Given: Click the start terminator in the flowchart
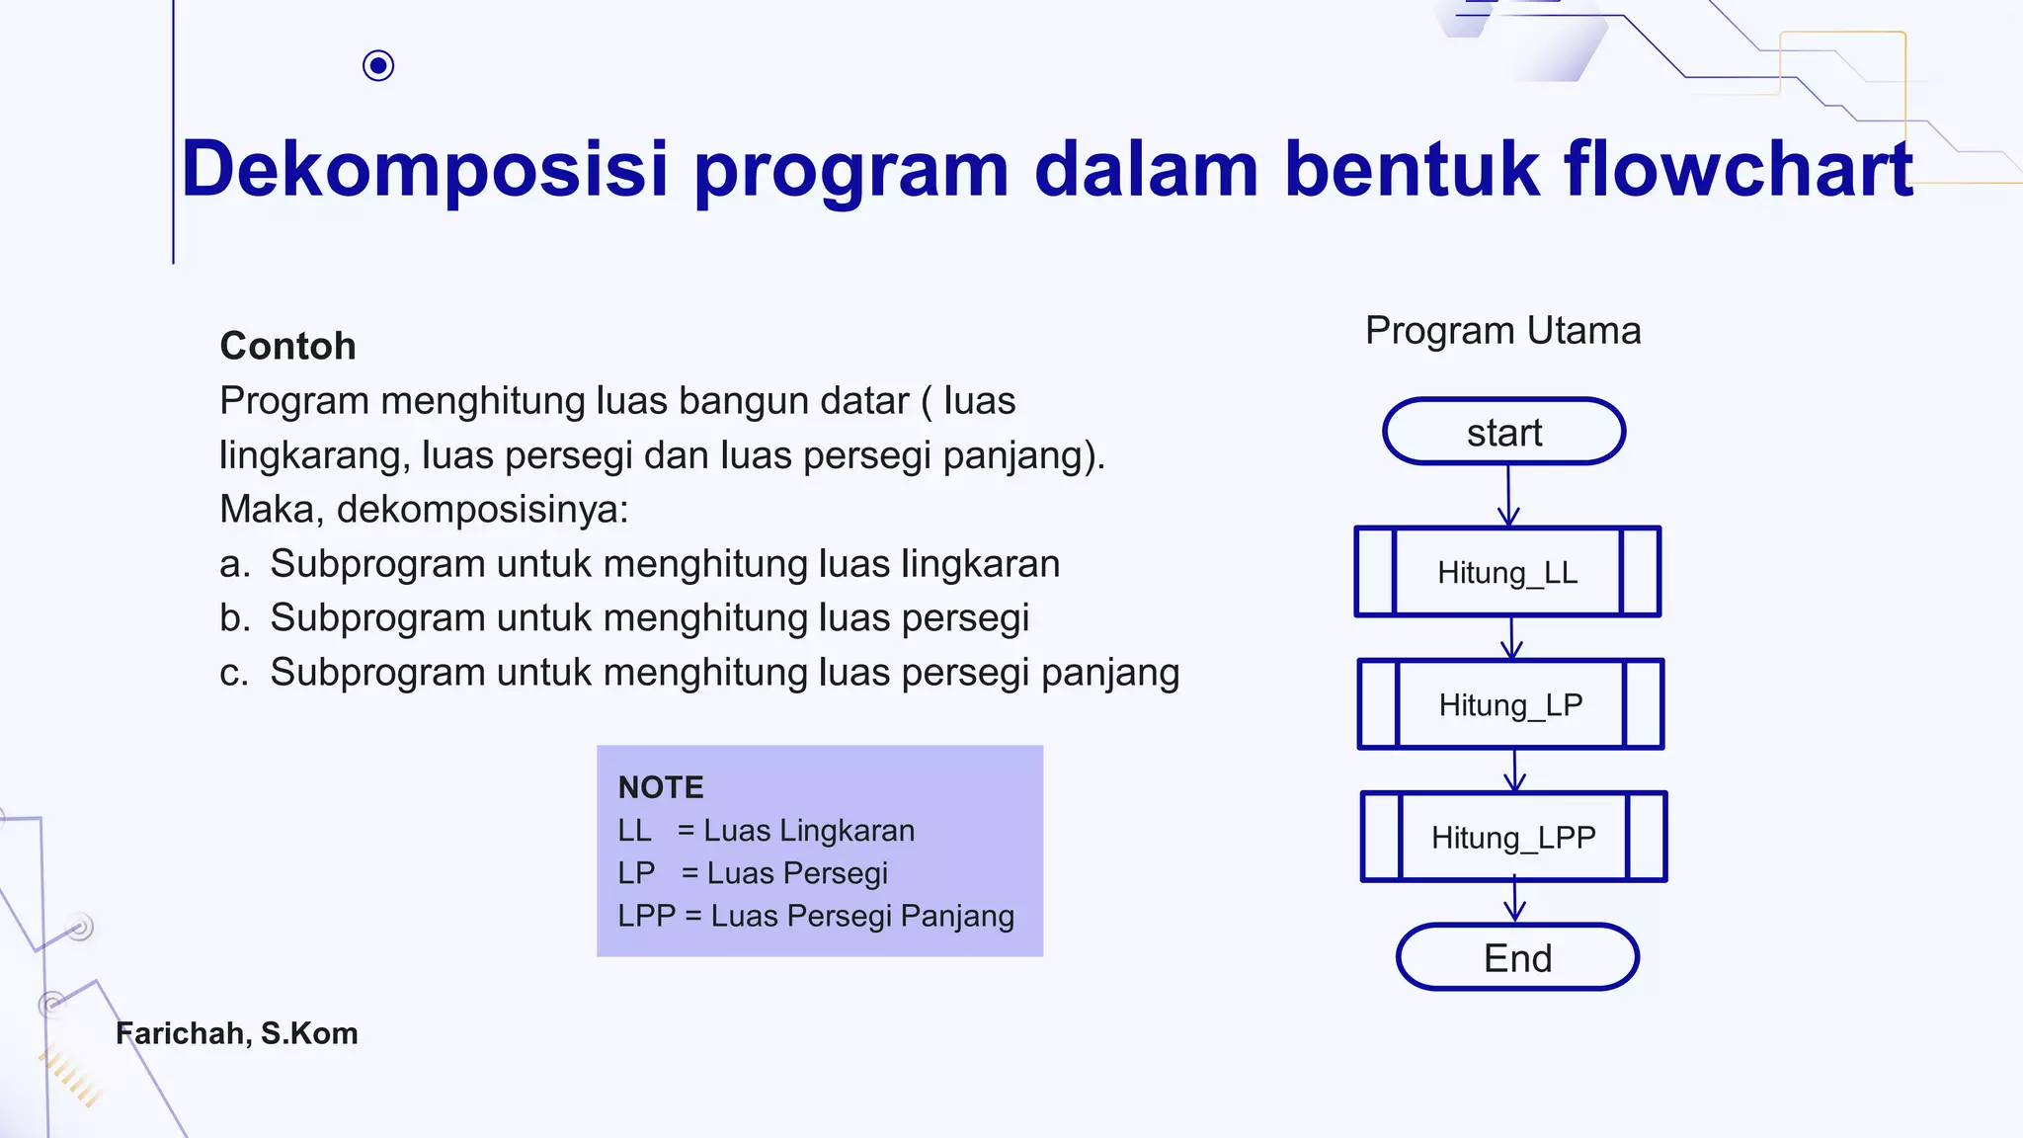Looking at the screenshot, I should (x=1503, y=432).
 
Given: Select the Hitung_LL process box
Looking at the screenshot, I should (x=1507, y=572).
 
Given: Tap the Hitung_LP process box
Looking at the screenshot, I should (x=1510, y=704).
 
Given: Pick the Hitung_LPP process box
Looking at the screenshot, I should (x=1513, y=837).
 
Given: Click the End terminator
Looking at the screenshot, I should (x=1517, y=957).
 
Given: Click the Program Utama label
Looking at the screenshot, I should (x=1502, y=330).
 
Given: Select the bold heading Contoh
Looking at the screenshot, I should (x=287, y=346).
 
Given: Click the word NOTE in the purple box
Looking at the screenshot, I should (x=661, y=787).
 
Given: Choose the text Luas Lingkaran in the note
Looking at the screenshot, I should (x=809, y=831).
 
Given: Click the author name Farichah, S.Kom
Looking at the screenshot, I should (x=237, y=1033).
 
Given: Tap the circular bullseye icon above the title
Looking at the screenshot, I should (x=378, y=66).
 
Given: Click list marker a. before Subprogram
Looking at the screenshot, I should (x=234, y=564).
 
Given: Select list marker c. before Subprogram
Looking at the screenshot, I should (x=234, y=673).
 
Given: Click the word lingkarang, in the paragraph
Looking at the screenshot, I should (x=313, y=455).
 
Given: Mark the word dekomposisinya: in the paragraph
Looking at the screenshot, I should (x=482, y=510).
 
